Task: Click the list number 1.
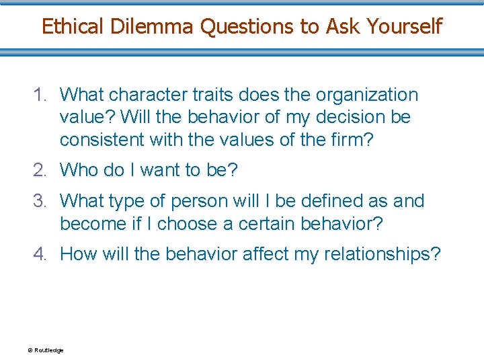(41, 95)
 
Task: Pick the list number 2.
(41, 170)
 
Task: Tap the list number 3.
(41, 201)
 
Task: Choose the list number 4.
(41, 254)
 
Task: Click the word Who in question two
(79, 170)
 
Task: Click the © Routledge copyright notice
(45, 350)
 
